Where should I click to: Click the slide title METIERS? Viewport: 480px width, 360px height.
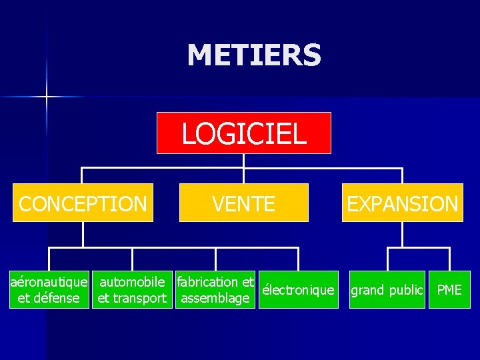click(254, 55)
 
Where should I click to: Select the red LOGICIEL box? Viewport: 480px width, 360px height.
click(244, 133)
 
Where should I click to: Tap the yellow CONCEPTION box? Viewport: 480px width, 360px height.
click(83, 203)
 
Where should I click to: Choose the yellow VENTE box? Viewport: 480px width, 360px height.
click(244, 203)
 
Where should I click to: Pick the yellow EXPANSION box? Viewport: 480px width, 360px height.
click(403, 203)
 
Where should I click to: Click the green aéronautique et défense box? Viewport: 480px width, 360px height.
click(48, 290)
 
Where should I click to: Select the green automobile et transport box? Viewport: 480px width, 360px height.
click(132, 290)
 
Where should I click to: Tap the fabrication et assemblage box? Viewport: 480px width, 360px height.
click(215, 290)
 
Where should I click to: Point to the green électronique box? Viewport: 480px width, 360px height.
click(298, 290)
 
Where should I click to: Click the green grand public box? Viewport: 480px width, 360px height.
click(387, 290)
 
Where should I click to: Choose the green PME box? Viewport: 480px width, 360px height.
click(449, 290)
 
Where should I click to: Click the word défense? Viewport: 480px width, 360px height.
click(57, 298)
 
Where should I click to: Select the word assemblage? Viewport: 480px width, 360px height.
click(215, 298)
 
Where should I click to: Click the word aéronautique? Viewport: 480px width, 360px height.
click(48, 282)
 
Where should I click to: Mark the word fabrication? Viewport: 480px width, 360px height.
click(207, 282)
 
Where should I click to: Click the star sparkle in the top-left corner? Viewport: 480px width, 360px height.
click(47, 97)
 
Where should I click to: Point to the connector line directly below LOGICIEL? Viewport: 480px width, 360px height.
click(244, 161)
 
